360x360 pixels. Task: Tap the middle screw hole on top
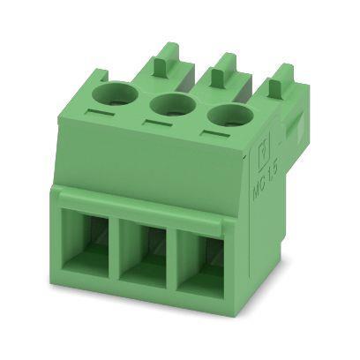click(170, 109)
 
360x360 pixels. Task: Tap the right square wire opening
click(202, 261)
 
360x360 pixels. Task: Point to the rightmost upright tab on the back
click(281, 83)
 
